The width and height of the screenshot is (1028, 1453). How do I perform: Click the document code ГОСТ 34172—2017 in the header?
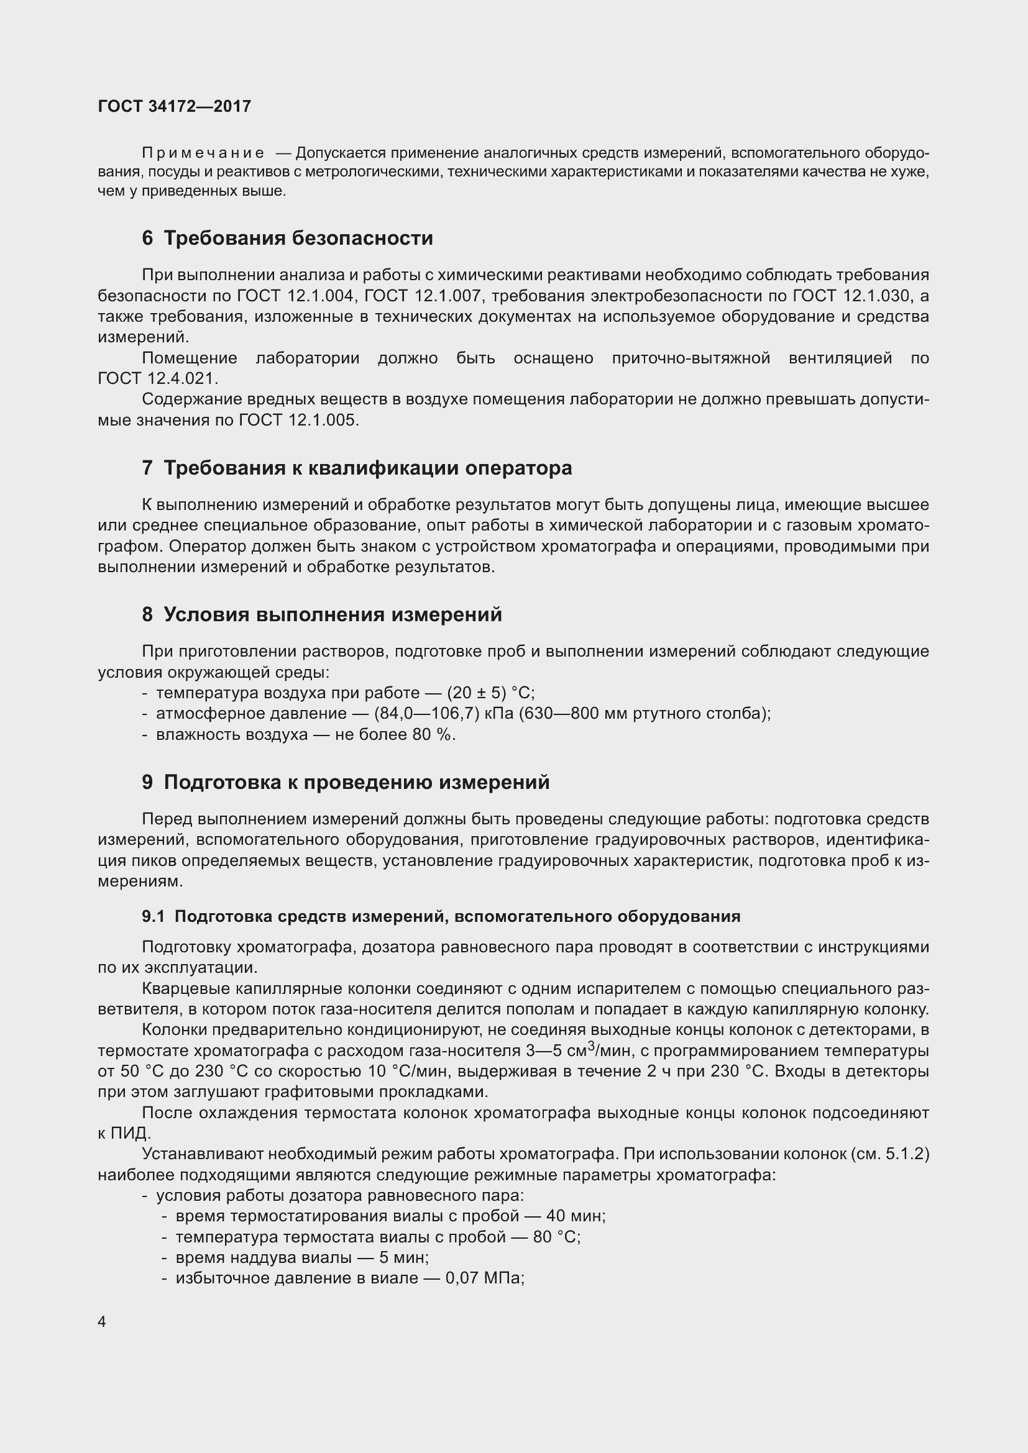click(x=174, y=106)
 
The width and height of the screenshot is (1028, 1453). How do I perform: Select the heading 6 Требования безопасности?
click(x=287, y=238)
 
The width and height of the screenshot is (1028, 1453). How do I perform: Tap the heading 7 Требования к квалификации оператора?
click(x=357, y=468)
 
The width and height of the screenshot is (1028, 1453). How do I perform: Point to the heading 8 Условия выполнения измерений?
click(x=321, y=614)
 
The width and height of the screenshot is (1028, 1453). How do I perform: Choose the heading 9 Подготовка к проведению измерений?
click(x=346, y=782)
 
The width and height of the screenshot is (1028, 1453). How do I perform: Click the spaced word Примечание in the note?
click(x=203, y=153)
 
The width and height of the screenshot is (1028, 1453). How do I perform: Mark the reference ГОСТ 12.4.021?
click(x=158, y=378)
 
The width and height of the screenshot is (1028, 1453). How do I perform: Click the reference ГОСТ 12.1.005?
click(x=298, y=420)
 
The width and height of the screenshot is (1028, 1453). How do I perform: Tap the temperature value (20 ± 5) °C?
click(x=490, y=692)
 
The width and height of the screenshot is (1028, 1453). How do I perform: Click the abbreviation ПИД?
click(x=131, y=1134)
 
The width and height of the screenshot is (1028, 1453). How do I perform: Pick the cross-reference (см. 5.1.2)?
click(x=891, y=1154)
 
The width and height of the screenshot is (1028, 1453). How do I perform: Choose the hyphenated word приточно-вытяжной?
click(x=691, y=358)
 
